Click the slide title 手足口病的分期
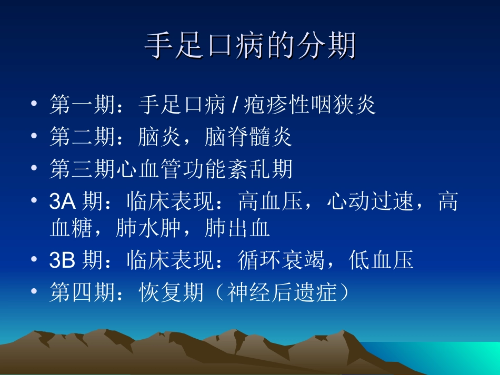coord(250,47)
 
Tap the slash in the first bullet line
coord(232,105)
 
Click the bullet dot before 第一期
coord(34,104)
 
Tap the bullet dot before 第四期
coord(34,292)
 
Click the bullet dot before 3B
coord(34,260)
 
